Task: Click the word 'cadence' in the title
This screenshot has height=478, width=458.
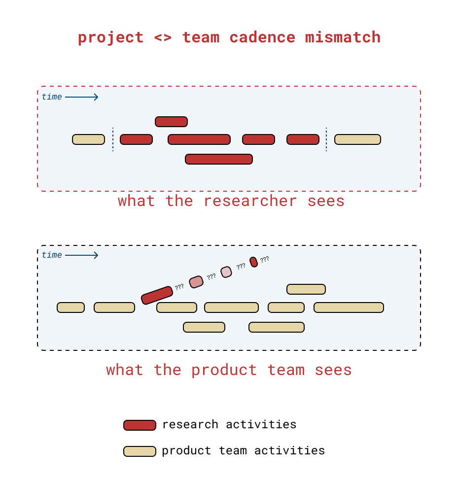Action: coord(262,37)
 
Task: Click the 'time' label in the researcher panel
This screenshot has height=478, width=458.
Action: coord(52,97)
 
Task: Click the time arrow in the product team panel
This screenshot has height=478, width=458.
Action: coord(81,255)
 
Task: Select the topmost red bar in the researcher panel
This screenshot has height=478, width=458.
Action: coord(171,122)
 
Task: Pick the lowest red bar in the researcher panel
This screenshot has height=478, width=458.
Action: coord(219,159)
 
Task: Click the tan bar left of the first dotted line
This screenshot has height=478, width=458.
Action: coord(89,139)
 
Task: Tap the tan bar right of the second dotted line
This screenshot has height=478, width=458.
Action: coord(357,139)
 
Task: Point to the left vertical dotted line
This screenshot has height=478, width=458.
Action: coord(113,139)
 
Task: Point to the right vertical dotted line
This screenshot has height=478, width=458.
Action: coord(326,139)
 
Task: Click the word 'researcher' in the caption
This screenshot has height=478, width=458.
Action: coord(250,201)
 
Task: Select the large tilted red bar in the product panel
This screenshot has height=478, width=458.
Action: coord(157,295)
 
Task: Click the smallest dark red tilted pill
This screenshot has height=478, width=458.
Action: coord(253,262)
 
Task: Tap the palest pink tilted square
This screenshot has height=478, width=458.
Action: coord(226,272)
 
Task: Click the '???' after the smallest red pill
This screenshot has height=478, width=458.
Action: coord(265,259)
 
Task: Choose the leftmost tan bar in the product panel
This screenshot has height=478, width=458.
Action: coord(71,307)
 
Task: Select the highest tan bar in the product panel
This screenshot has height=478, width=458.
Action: coord(306,289)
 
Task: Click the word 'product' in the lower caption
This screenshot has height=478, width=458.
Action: coord(224,370)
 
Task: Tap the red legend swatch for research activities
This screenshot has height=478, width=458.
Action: coord(140,425)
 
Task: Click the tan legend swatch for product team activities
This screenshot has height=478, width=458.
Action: coord(140,451)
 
